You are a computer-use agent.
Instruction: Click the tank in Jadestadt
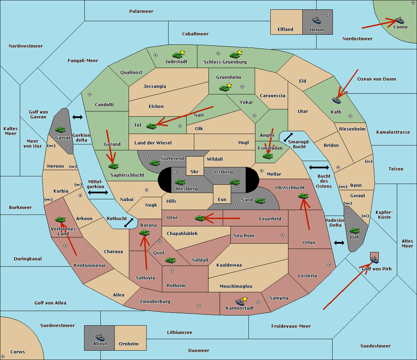point(178,55)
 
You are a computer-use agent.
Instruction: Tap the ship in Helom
point(317,20)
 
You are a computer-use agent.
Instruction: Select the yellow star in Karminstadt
point(245,299)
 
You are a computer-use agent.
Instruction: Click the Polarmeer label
point(141,11)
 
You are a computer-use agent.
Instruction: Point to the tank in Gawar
point(60,130)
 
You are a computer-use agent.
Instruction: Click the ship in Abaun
point(100,337)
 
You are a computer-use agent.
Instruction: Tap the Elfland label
point(285,30)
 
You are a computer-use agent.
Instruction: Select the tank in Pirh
point(355,231)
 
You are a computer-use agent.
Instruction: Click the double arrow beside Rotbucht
point(129,223)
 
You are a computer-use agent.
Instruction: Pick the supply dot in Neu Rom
point(283,235)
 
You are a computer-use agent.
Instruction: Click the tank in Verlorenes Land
point(60,219)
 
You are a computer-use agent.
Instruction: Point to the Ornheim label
point(129,344)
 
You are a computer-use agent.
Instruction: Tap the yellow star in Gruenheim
point(229,85)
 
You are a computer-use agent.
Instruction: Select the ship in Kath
point(336,100)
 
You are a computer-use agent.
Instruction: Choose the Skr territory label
point(195,172)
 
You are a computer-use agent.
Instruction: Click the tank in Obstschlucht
point(303,196)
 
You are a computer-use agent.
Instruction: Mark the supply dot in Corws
point(3,357)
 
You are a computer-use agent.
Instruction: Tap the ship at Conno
point(400,20)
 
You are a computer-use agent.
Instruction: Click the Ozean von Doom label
point(377,79)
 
